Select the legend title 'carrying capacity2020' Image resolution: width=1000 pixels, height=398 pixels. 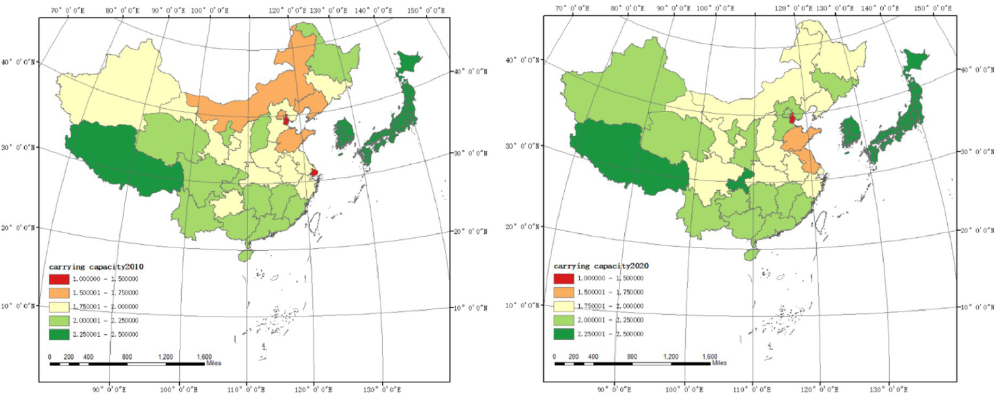(x=601, y=266)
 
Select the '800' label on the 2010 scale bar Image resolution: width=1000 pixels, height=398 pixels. (x=127, y=357)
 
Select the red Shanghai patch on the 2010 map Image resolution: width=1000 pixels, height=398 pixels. (x=315, y=173)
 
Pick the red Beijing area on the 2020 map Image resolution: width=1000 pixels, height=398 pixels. (x=792, y=119)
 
